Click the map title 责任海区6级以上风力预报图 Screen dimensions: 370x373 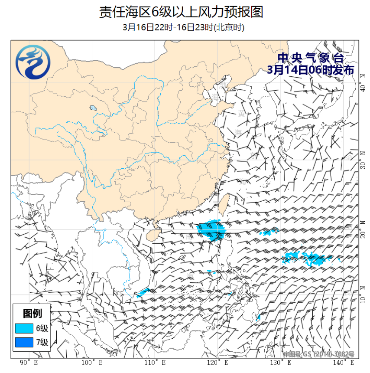tap(181, 12)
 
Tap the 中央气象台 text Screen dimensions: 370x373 tap(310, 58)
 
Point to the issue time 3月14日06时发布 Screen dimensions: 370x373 tap(310, 69)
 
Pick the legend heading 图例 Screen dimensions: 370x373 tap(32, 313)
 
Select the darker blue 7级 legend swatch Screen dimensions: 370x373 tap(24, 343)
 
